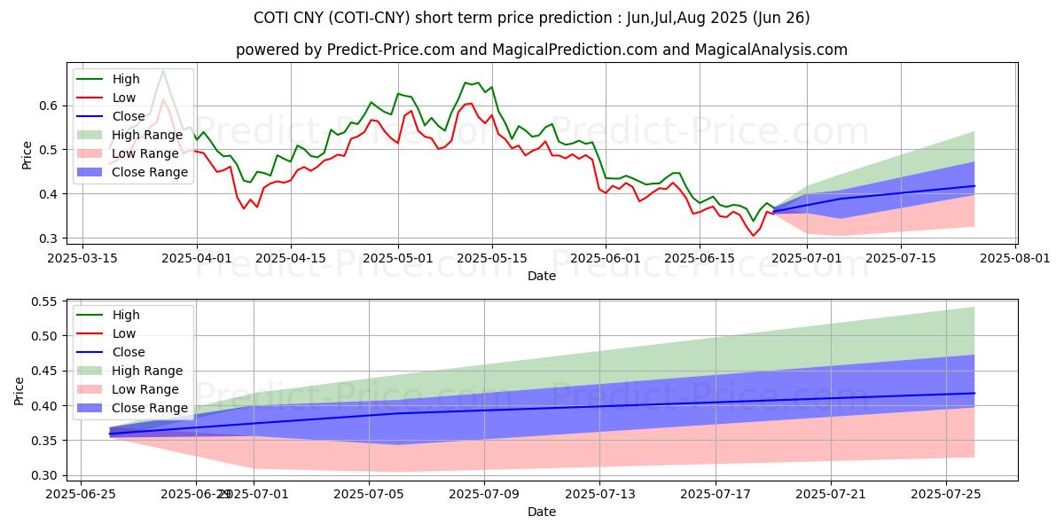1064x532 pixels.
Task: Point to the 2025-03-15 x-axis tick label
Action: (x=82, y=257)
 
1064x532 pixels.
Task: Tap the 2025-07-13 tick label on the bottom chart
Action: (x=599, y=494)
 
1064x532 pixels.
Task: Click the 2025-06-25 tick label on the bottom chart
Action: (x=81, y=494)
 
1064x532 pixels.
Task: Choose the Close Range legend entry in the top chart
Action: (x=150, y=172)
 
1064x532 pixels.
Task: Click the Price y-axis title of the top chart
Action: (x=27, y=154)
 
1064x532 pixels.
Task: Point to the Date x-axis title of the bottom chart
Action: (x=541, y=512)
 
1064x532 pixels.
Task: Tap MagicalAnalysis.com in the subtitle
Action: (x=773, y=50)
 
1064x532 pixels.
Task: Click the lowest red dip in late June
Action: (x=754, y=235)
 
